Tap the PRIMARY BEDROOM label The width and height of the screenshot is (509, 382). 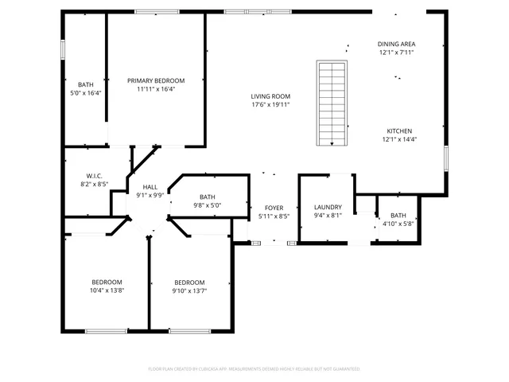click(156, 80)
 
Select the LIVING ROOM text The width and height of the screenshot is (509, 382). click(270, 95)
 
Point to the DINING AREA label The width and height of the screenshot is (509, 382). click(396, 44)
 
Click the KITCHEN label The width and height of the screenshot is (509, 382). click(399, 131)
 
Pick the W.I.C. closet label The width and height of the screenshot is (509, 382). click(96, 176)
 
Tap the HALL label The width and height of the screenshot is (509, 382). click(150, 186)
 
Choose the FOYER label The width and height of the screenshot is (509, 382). click(274, 208)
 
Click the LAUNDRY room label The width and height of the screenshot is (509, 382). click(328, 207)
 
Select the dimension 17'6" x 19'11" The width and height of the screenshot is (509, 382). click(270, 104)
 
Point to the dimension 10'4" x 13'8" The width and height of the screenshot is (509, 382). click(107, 290)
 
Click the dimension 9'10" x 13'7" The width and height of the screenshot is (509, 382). click(190, 290)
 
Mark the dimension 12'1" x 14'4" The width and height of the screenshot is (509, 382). click(399, 139)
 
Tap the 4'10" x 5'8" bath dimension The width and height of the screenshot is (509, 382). click(398, 224)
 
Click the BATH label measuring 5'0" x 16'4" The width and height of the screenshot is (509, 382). click(85, 84)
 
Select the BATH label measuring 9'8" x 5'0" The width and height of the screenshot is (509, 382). click(207, 197)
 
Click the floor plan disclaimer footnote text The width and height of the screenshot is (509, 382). click(254, 368)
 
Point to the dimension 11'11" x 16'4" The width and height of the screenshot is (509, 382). click(156, 89)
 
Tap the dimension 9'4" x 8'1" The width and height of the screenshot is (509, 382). click(328, 215)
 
